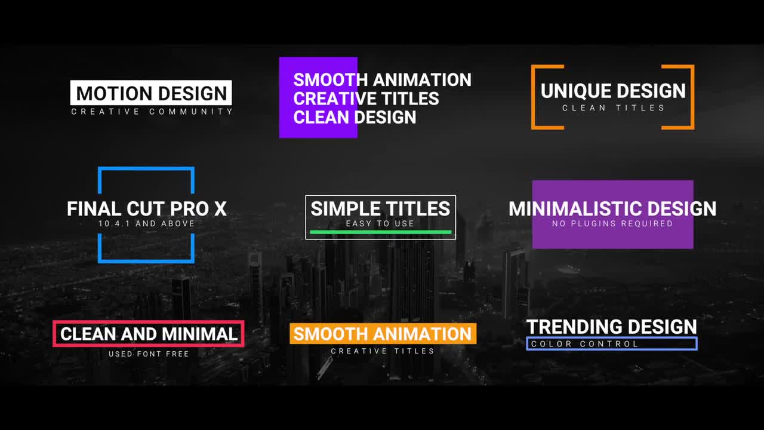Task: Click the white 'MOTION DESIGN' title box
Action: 151,93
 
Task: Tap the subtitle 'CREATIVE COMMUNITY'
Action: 152,112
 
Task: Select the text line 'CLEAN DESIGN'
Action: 355,117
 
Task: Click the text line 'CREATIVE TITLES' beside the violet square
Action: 366,99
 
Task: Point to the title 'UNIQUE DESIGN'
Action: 613,91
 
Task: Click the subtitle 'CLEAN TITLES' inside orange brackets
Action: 613,108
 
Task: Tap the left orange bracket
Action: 534,97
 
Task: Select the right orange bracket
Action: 692,97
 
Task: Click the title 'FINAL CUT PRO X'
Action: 147,209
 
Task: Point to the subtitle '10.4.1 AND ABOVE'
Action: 147,224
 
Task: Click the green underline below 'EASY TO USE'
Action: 380,232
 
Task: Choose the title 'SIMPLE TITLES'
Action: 380,208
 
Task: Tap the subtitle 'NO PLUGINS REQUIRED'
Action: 612,224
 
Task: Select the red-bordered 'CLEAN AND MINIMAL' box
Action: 149,334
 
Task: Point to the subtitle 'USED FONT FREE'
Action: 149,354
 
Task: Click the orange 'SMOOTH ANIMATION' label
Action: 383,334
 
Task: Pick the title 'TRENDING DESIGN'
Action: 612,327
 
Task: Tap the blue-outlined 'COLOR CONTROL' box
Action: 612,343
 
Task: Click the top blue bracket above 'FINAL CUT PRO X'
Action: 146,169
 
